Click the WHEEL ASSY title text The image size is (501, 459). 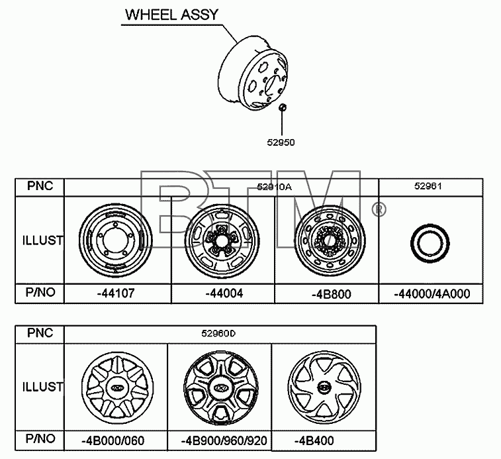[171, 15]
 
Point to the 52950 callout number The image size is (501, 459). [281, 142]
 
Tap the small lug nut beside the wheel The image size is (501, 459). [282, 107]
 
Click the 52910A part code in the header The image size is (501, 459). [274, 187]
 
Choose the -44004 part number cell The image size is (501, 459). [224, 293]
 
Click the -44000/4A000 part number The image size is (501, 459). [432, 293]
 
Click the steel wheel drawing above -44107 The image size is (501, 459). [115, 240]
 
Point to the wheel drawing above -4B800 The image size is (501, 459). [330, 241]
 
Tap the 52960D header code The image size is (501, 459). [218, 334]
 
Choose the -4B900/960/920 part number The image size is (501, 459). [224, 440]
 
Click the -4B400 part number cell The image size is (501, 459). [314, 440]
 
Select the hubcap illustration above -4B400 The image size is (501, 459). [324, 387]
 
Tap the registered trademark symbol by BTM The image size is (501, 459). [379, 209]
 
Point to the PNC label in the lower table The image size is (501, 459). [40, 333]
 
